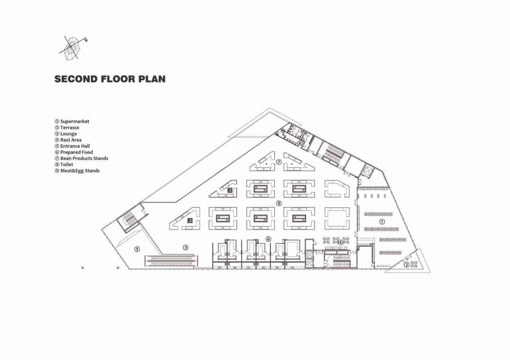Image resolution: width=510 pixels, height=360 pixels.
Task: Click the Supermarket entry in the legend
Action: [x=75, y=121]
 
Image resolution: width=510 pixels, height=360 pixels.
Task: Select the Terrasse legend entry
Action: [x=69, y=128]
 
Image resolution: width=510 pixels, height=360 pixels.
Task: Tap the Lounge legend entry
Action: [x=68, y=134]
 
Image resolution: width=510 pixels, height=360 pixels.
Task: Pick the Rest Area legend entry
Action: [x=71, y=140]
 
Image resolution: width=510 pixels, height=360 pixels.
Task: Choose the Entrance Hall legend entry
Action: [x=75, y=146]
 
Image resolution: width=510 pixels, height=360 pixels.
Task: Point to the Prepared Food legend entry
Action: [x=76, y=152]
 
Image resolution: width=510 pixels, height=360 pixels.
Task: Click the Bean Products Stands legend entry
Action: [x=84, y=158]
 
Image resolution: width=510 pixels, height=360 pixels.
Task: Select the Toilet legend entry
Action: [x=67, y=164]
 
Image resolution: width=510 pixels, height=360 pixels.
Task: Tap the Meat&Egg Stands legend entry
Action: [x=80, y=171]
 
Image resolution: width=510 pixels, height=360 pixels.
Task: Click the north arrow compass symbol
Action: [x=73, y=47]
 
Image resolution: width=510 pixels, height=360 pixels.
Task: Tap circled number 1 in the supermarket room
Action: [x=382, y=222]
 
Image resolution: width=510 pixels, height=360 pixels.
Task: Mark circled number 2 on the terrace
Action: [x=406, y=264]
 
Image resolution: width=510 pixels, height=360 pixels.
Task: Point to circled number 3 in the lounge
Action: [x=185, y=247]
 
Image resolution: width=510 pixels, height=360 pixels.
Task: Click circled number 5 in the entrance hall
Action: [x=137, y=249]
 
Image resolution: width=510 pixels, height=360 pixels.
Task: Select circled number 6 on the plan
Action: [x=268, y=239]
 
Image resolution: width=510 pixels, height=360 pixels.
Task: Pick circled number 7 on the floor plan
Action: [x=279, y=162]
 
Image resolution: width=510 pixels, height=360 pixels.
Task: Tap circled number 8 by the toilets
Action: [x=300, y=143]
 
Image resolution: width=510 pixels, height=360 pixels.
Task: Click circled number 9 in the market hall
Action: [x=279, y=203]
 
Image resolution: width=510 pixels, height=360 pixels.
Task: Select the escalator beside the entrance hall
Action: [x=171, y=261]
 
